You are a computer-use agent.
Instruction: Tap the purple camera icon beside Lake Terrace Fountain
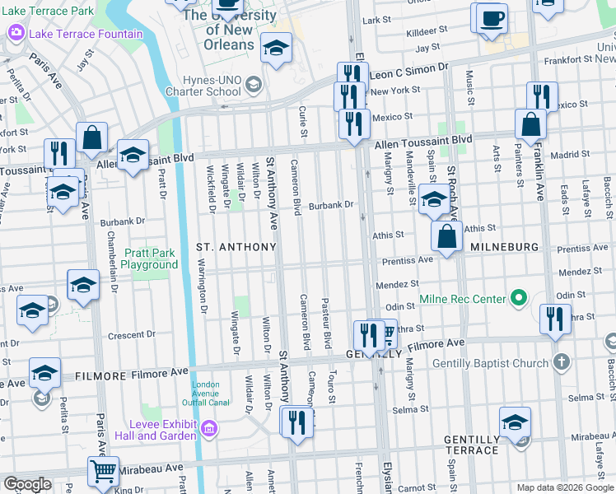tap(16, 33)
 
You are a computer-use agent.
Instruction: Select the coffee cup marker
tap(492, 18)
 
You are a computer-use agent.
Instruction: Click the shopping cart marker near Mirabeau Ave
tap(103, 472)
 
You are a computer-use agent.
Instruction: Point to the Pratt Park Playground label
tap(150, 259)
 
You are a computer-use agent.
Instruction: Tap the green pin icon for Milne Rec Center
tap(518, 297)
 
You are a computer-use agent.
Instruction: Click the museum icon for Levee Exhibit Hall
tap(209, 427)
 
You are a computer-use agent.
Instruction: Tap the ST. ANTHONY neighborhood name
tap(236, 247)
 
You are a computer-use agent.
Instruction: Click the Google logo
tap(27, 484)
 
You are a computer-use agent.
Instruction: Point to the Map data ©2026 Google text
tap(564, 487)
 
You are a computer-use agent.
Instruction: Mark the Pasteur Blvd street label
tap(326, 323)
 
